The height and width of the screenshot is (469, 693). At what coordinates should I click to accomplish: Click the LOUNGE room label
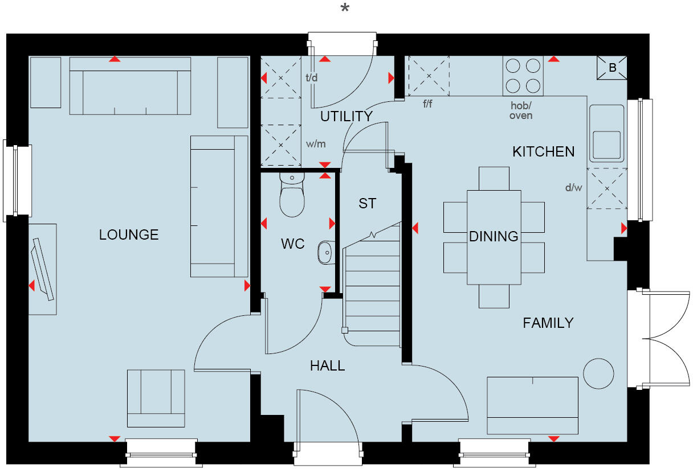pos(129,234)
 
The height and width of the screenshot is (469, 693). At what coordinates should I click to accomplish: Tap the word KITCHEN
pos(543,152)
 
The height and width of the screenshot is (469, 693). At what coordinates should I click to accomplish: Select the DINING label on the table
pos(494,236)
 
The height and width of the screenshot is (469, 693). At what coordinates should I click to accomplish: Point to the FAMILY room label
pos(548,323)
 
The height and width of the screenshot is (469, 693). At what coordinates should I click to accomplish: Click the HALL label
pos(327,366)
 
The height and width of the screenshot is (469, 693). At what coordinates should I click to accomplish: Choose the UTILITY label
pos(346,117)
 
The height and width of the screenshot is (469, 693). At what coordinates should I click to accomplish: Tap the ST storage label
pos(367,203)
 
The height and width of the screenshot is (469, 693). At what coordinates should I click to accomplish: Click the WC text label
pos(293,244)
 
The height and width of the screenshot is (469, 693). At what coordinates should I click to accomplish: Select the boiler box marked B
pos(612,68)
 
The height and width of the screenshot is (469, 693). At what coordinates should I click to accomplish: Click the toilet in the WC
pos(292,196)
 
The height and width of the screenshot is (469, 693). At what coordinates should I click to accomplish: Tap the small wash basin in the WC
pos(325,252)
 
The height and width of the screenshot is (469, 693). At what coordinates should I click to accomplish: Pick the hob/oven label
pos(521,111)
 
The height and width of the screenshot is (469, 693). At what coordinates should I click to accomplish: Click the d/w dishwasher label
pos(573,188)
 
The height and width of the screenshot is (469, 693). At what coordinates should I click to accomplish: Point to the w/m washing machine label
pos(315,144)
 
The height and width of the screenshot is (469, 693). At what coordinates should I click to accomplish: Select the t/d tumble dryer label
pos(311,78)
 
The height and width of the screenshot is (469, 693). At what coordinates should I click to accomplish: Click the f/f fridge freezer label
pos(429,104)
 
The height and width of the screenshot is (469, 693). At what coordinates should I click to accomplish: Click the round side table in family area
pos(598,374)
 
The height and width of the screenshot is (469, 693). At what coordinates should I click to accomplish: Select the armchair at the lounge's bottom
pos(156,397)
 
